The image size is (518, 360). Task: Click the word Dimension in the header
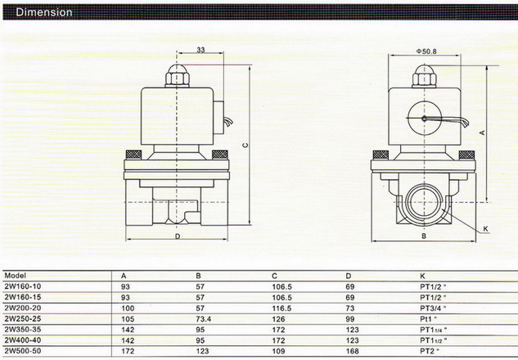point(44,12)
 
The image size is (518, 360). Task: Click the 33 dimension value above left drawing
point(200,50)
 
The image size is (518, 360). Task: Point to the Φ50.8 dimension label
point(426,52)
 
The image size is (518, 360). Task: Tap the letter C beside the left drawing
point(245,146)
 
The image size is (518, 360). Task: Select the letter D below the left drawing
point(178,236)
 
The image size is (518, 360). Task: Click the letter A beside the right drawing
point(482,133)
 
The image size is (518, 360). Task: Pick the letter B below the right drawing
point(424,236)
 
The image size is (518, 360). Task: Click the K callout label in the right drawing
point(485,228)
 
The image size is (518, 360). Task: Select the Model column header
point(16,276)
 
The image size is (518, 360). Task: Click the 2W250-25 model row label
point(23,319)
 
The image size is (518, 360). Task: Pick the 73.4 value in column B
point(203,319)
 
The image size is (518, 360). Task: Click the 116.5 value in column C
point(282,308)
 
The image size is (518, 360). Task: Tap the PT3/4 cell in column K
point(433,308)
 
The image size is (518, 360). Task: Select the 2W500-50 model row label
point(23,351)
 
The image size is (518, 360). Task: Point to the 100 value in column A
point(128,308)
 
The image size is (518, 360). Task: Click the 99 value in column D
point(350,319)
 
